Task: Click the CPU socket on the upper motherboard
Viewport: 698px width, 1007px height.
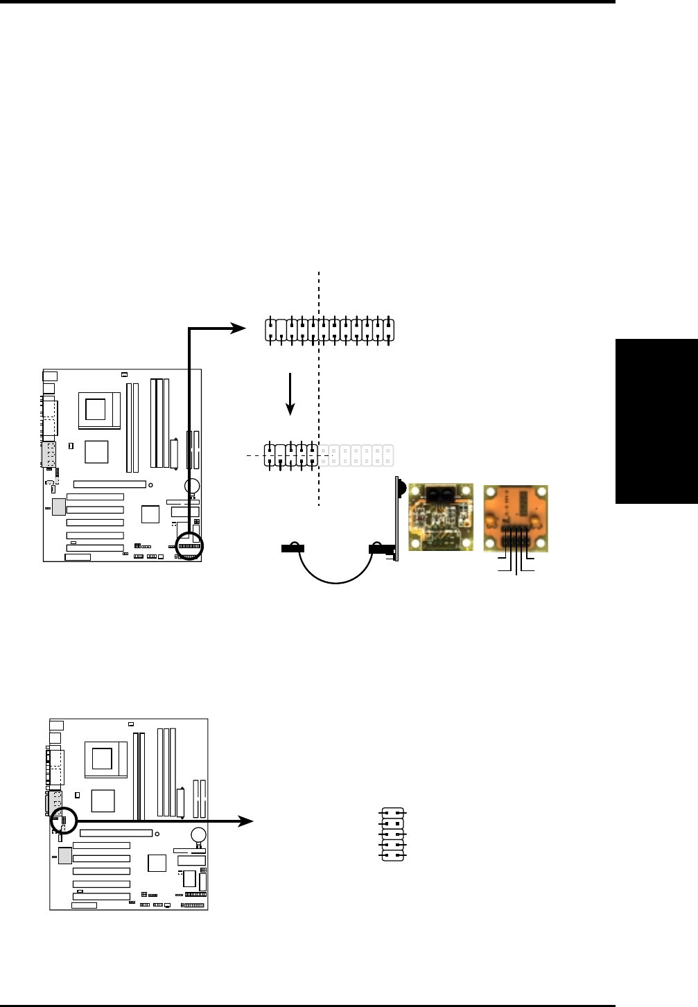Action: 96,410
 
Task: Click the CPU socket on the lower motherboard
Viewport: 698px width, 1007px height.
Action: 103,759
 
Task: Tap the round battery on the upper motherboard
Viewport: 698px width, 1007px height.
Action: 193,486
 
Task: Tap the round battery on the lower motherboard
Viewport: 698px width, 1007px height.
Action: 199,834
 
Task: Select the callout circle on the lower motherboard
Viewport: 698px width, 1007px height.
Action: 63,821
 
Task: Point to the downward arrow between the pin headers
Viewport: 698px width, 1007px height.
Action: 291,394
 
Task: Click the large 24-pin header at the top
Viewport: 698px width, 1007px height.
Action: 329,329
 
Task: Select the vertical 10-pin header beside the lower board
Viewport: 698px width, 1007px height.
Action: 393,834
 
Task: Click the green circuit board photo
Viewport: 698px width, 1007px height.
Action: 441,517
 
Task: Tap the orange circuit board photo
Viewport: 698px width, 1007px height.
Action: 516,518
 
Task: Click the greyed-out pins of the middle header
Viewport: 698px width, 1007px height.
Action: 356,455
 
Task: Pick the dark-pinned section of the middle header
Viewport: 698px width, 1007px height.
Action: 292,455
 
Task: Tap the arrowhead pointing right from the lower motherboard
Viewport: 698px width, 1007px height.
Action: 246,821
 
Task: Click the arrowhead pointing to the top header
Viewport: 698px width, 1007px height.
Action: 238,329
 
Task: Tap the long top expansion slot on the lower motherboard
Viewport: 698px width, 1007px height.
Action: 116,833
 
